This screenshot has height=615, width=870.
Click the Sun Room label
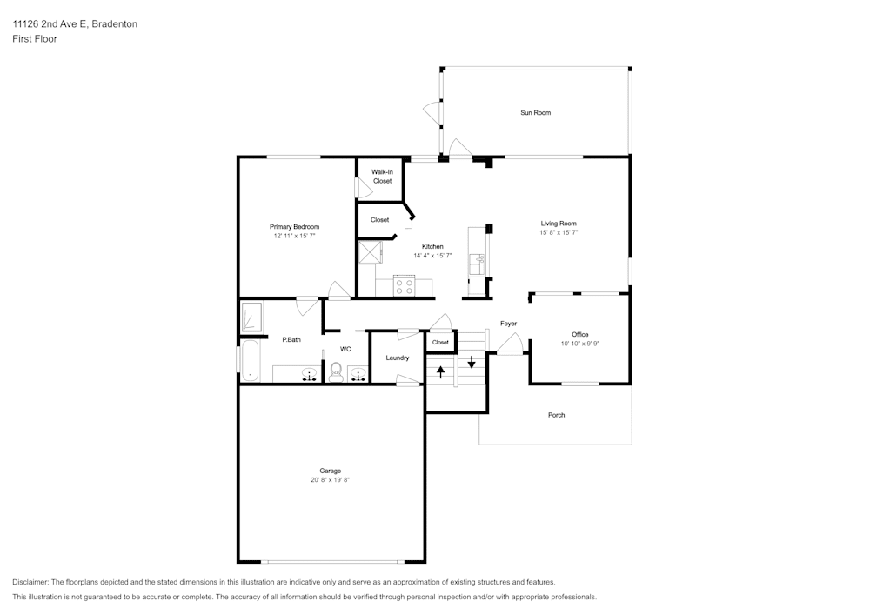535,113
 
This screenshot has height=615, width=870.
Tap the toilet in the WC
337,371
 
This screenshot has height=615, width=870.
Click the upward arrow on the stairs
440,372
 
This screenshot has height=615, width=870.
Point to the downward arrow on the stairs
472,362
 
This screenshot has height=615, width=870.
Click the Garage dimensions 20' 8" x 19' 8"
330,479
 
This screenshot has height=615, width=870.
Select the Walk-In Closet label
382,177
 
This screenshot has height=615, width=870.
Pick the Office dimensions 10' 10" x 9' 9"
580,344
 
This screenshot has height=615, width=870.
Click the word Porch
556,415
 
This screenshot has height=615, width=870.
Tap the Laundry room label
397,358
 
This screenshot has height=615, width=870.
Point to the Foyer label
508,324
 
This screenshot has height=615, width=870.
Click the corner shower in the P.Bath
252,318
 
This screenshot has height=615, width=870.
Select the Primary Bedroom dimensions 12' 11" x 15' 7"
294,236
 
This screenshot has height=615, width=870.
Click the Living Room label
559,224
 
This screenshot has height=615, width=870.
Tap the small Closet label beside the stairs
440,342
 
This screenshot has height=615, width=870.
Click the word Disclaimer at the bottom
30,582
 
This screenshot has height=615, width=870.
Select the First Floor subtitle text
35,39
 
